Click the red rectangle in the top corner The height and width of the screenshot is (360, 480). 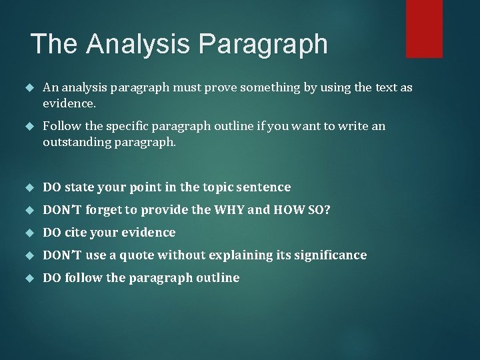coord(424,28)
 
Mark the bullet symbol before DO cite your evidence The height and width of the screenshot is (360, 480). coord(28,233)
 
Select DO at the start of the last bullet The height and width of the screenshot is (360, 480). coord(51,278)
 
